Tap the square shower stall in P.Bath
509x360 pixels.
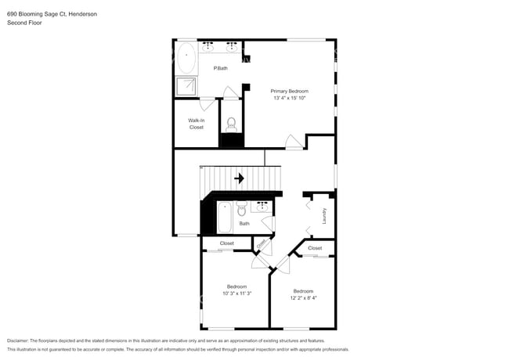pos(186,87)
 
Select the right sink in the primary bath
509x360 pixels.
pos(233,47)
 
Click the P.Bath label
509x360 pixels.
pos(221,69)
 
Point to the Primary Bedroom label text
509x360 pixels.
pos(290,91)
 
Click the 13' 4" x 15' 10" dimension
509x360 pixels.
pos(290,98)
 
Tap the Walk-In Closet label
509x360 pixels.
pos(196,124)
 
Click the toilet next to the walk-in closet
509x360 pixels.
pos(231,124)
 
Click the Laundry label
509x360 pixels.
pos(323,214)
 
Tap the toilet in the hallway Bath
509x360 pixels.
pos(242,209)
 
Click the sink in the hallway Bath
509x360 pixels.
pos(262,207)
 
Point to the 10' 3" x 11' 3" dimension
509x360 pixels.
pos(237,293)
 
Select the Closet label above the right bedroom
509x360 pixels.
pos(315,248)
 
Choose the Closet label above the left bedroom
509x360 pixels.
pos(226,243)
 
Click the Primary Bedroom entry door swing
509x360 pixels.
pos(294,142)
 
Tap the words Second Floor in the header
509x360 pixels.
pos(24,23)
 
